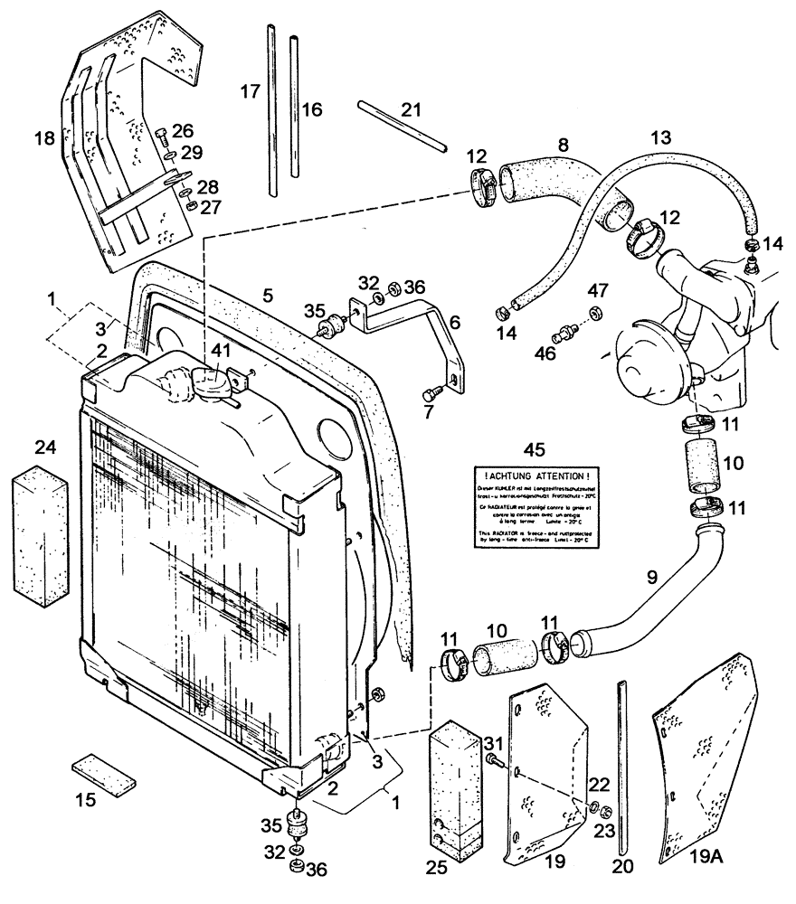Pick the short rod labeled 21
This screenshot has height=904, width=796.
tap(401, 127)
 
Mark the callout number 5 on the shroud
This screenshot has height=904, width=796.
tap(267, 295)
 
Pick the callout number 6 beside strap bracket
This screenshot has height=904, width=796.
tap(454, 322)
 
